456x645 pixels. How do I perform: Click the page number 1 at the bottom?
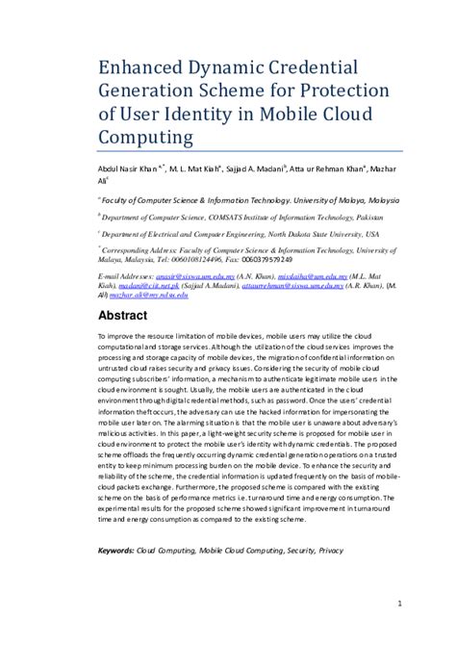[x=397, y=604]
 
